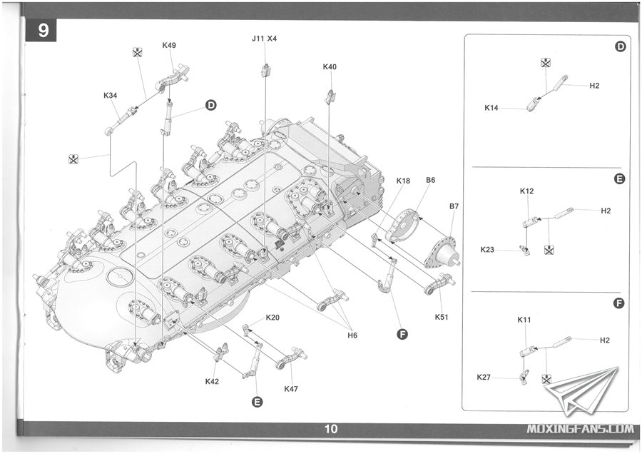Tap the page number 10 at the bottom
(330, 429)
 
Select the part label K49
(169, 45)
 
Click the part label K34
(111, 95)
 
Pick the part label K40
(330, 66)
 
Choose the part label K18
(403, 181)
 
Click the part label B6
(430, 180)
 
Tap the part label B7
(454, 206)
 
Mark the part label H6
(352, 335)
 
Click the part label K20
(272, 317)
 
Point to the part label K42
(212, 381)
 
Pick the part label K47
(291, 388)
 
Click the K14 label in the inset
(491, 108)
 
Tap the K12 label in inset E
(526, 191)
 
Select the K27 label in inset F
(484, 376)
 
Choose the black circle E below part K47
(257, 402)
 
